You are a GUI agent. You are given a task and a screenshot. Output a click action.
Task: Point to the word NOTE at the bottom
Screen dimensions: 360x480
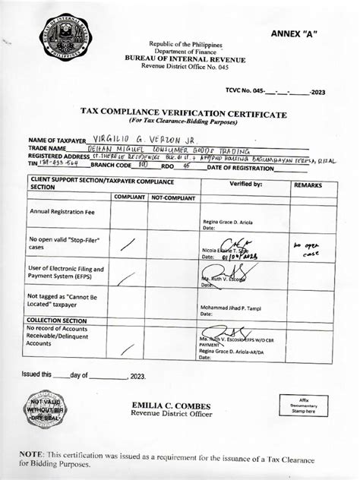(x=34, y=453)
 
